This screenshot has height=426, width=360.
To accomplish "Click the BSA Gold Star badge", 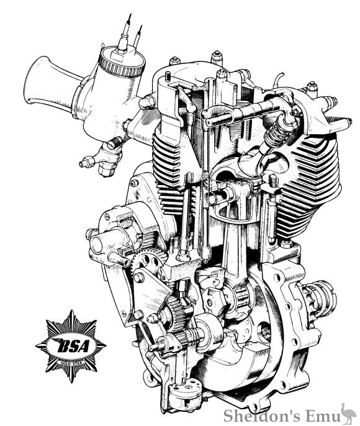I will (x=70, y=343).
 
